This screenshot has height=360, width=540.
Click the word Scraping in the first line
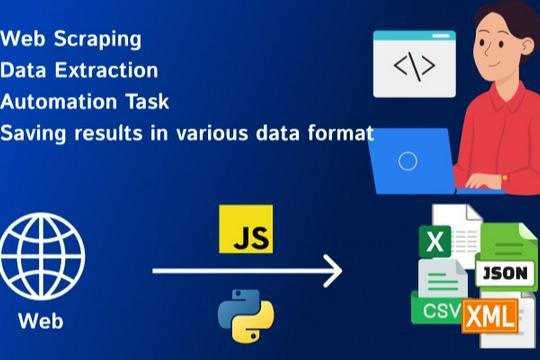click(x=106, y=40)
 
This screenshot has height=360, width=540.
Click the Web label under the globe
click(x=42, y=322)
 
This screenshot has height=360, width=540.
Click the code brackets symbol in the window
click(x=414, y=66)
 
